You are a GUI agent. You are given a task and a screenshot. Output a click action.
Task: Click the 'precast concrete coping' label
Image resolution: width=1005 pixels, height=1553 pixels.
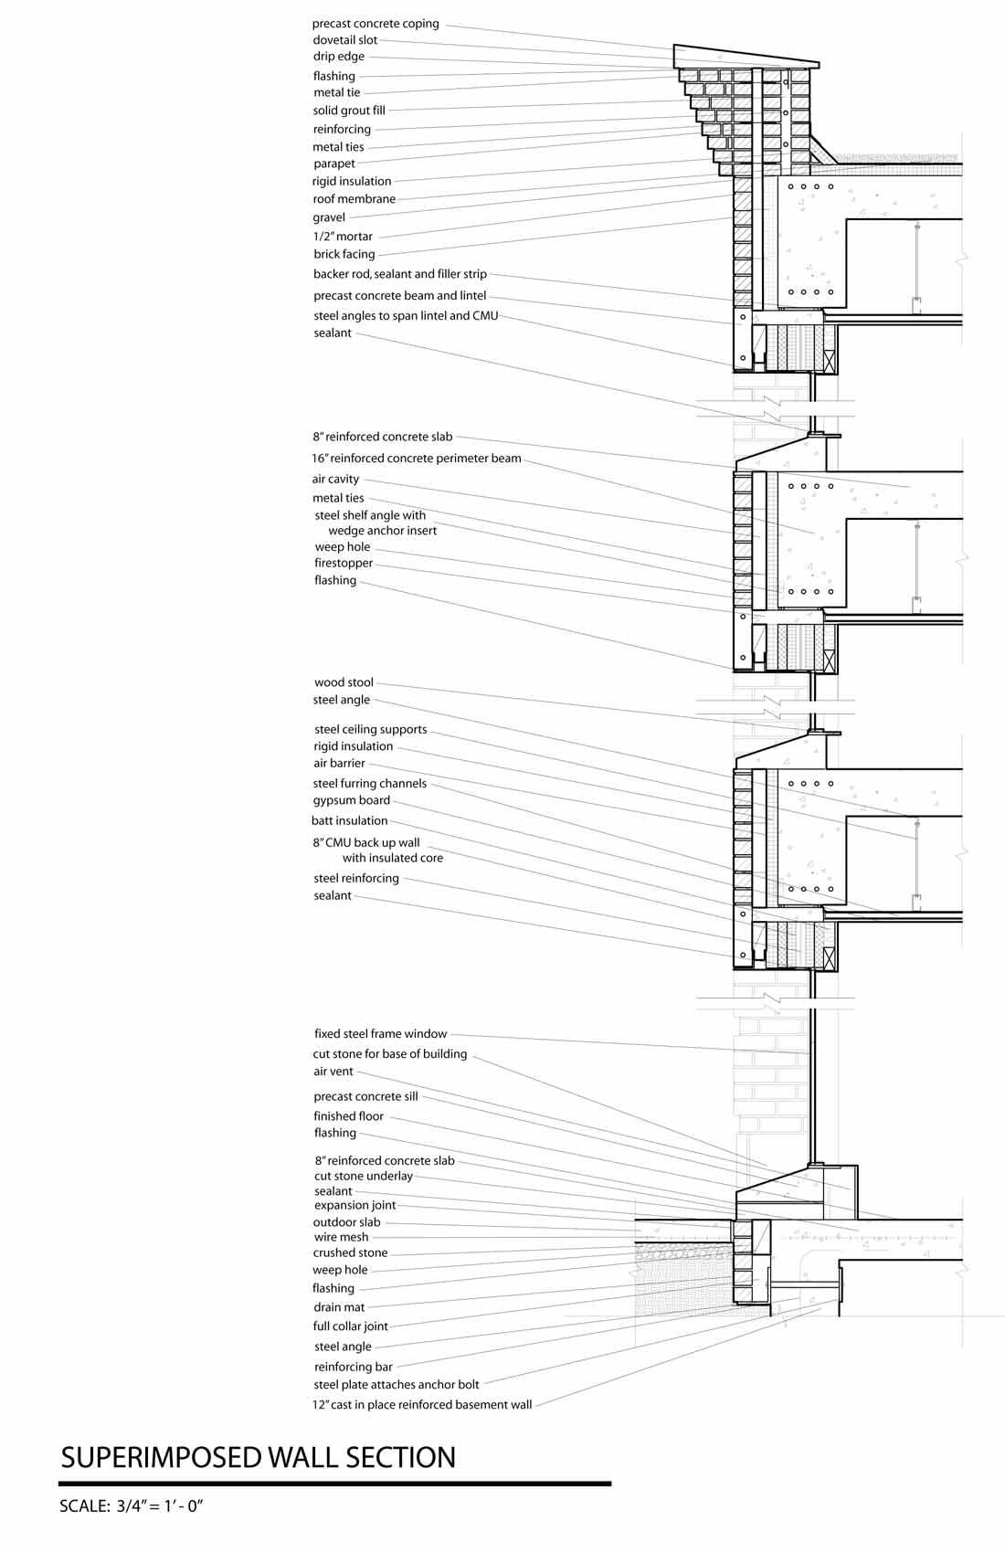tap(376, 24)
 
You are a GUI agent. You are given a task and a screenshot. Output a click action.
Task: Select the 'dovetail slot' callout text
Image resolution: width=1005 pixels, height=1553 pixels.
tap(344, 40)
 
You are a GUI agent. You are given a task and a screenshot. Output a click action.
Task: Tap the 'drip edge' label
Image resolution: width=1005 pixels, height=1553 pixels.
tap(339, 57)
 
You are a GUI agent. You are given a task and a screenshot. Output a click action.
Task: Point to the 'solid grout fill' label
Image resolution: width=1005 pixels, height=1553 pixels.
tap(349, 111)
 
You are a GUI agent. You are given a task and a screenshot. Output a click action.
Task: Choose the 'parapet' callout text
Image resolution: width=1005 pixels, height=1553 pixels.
tap(334, 164)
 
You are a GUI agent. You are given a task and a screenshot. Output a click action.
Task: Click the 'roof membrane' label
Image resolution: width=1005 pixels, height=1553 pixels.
tap(354, 199)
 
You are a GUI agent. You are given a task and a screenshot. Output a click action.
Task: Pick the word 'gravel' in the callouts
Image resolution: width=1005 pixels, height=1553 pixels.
tap(329, 217)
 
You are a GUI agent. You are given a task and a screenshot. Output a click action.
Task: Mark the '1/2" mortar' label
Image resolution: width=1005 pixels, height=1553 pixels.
tap(343, 237)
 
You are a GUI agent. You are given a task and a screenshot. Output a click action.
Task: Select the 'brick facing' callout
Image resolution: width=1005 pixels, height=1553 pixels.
tap(344, 254)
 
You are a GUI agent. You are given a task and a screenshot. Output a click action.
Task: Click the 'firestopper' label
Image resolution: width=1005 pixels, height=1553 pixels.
tap(344, 563)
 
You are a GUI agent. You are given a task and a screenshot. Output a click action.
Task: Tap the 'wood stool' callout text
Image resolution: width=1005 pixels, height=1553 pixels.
tap(344, 682)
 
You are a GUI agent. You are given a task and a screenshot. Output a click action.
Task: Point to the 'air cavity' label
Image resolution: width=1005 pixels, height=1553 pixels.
tap(336, 479)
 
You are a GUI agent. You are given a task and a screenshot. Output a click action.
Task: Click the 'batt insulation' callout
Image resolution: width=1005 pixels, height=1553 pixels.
tap(350, 820)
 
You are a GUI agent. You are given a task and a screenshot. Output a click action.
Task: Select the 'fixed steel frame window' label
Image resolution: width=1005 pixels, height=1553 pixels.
tap(381, 1034)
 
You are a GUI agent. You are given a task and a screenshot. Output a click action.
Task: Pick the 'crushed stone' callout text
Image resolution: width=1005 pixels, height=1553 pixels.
tap(350, 1252)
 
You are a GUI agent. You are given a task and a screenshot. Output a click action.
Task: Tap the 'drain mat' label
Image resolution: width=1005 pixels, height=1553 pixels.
tap(339, 1307)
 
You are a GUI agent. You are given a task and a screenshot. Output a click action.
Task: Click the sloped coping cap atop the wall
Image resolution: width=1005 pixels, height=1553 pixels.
tap(745, 56)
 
